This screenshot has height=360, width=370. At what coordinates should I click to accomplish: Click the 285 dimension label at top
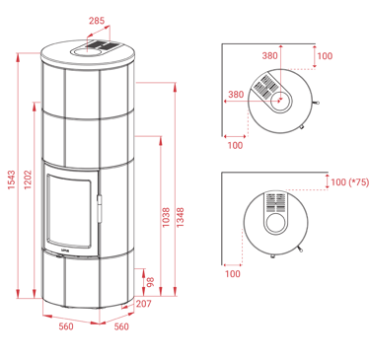(x=97, y=21)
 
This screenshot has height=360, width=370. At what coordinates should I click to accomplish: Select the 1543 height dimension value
(x=12, y=180)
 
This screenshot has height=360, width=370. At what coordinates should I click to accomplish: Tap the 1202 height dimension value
(x=28, y=180)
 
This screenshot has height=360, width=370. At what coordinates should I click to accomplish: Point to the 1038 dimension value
(x=166, y=217)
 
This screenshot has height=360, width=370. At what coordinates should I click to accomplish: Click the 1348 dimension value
(x=181, y=217)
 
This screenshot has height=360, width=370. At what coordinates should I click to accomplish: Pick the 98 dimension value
(x=150, y=282)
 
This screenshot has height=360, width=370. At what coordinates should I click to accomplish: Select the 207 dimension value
(x=144, y=304)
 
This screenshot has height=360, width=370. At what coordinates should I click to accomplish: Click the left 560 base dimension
(x=66, y=326)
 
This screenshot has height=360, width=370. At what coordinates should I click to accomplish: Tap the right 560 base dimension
(x=121, y=326)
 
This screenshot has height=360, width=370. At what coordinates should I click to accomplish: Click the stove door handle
(x=99, y=208)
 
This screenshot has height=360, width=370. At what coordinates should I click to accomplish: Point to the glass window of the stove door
(x=69, y=210)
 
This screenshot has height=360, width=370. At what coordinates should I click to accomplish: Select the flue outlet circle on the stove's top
(x=86, y=51)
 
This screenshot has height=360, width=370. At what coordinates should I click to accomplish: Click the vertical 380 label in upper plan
(x=269, y=56)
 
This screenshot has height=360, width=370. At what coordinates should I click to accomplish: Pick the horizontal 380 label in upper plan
(x=236, y=95)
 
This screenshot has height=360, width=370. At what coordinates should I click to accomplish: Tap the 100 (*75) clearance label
(x=350, y=182)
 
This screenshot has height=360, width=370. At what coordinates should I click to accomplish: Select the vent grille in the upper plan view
(x=266, y=86)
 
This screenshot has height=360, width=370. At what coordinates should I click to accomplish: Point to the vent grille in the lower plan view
(x=275, y=202)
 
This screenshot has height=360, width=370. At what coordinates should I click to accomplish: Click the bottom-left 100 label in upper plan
(x=235, y=145)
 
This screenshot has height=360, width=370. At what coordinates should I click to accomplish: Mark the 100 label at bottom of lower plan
(x=233, y=273)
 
